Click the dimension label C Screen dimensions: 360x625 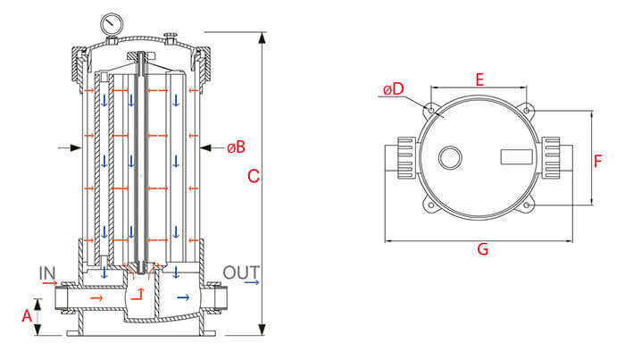(x=253, y=177)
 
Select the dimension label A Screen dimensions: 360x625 (x=26, y=316)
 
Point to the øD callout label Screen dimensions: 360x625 (x=394, y=90)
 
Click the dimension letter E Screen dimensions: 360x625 (x=479, y=80)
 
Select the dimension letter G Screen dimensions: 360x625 (x=482, y=250)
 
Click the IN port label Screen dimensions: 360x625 (x=48, y=272)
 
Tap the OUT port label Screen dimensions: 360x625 (x=240, y=272)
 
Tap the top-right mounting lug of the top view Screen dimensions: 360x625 (x=529, y=111)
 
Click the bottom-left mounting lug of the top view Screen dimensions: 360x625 (x=430, y=209)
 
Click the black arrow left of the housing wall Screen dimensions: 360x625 (x=64, y=147)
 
